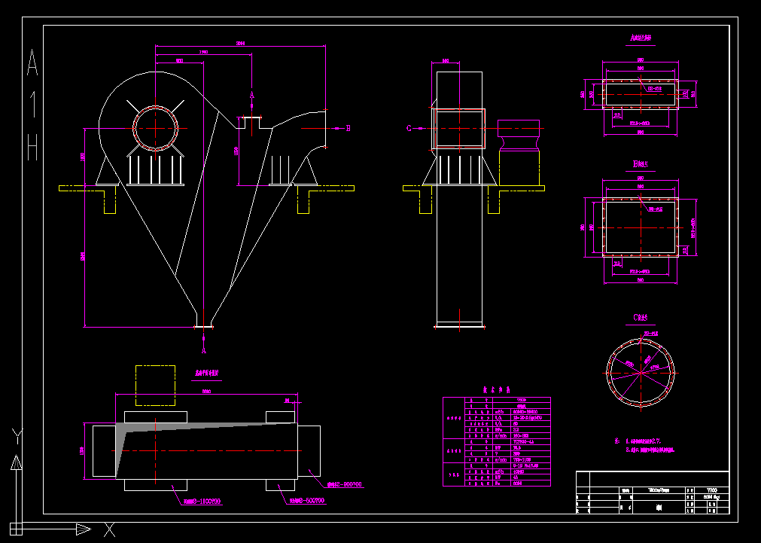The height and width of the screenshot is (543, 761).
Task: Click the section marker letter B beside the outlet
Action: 348,128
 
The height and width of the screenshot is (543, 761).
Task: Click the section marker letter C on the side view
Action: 409,128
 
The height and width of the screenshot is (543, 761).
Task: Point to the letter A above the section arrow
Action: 252,96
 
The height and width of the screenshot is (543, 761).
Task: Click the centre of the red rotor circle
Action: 156,128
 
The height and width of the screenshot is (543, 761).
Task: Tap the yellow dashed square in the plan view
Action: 155,386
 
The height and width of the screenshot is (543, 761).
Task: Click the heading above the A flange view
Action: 641,37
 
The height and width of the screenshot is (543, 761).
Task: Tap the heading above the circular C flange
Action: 641,317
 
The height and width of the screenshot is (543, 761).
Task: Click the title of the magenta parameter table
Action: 496,390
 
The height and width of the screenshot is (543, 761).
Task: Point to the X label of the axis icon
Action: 109,529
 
